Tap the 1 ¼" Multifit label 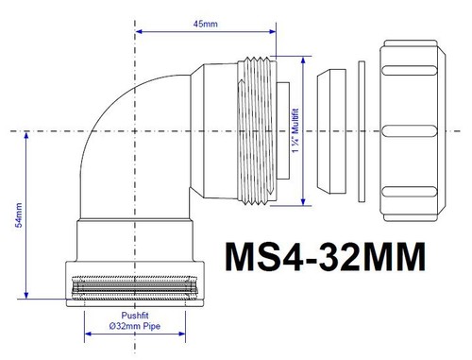pyautogui.click(x=301, y=130)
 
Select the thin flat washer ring pyautogui.click(x=361, y=130)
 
